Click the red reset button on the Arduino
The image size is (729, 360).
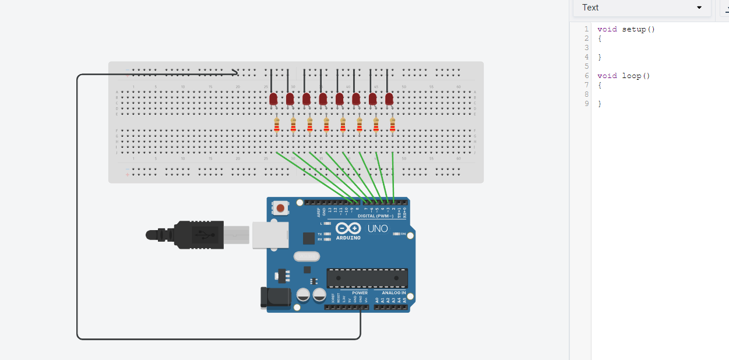[x=281, y=208]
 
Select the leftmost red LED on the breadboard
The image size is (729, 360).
[x=273, y=99]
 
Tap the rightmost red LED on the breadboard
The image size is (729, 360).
[x=389, y=99]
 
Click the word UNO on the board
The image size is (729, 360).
[x=378, y=228]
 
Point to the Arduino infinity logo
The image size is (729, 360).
[x=348, y=228]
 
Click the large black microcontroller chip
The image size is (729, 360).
[x=367, y=278]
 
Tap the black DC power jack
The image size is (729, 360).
[x=276, y=297]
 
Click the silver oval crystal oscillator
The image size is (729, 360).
[x=307, y=256]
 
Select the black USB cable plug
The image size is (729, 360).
[x=198, y=235]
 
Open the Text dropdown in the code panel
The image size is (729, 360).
[x=642, y=8]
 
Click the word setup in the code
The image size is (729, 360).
[x=633, y=29]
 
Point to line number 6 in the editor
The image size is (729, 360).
[x=586, y=76]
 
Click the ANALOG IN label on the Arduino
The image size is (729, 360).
[x=394, y=293]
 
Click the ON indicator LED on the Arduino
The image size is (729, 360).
[x=396, y=234]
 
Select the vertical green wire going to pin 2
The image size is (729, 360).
[x=393, y=175]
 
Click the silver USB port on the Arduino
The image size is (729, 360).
[x=271, y=235]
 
